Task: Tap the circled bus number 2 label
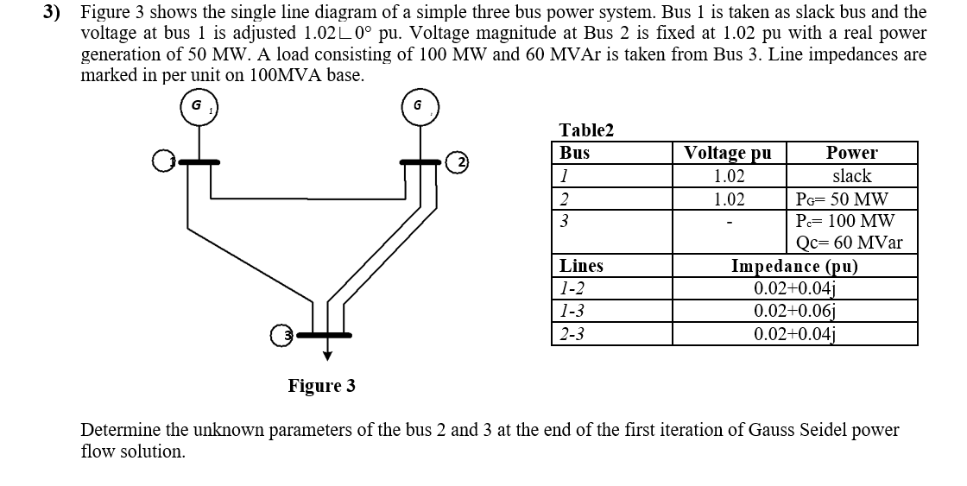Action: point(462,162)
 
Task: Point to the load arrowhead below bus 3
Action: point(327,354)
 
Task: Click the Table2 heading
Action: point(586,130)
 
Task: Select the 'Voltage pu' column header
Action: point(728,154)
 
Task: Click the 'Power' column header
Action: point(851,154)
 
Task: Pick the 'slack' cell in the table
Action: point(851,176)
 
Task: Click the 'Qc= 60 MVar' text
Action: point(850,243)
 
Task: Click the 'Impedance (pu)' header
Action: point(794,266)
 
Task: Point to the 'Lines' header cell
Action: point(581,266)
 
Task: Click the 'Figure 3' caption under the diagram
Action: point(321,385)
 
